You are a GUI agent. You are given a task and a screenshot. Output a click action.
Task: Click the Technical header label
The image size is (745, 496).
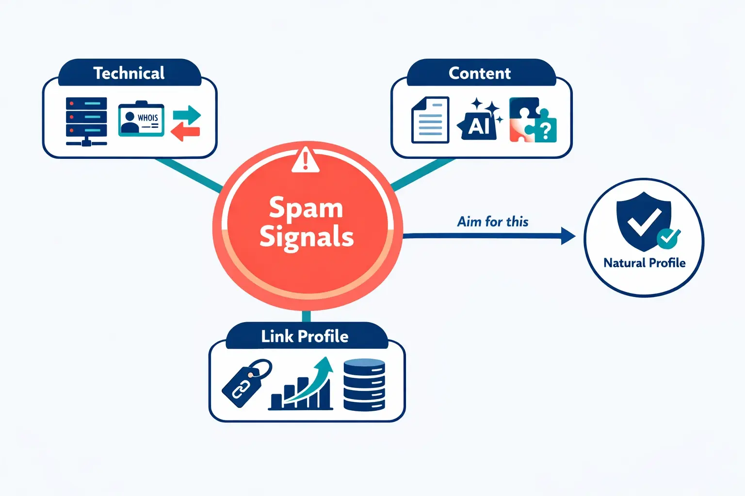pyautogui.click(x=129, y=73)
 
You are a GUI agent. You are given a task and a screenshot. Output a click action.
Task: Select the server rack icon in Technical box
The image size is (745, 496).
pyautogui.click(x=86, y=121)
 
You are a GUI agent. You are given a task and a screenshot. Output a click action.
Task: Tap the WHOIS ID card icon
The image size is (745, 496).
pyautogui.click(x=141, y=120)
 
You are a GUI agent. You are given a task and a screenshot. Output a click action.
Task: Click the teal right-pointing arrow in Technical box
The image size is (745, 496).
pyautogui.click(x=187, y=115)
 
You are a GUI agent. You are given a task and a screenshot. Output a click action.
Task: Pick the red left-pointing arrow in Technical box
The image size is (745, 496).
pyautogui.click(x=185, y=131)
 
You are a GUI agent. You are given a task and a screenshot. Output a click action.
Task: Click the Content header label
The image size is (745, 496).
pyautogui.click(x=479, y=73)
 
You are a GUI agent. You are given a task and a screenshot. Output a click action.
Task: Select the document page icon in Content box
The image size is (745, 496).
pyautogui.click(x=430, y=120)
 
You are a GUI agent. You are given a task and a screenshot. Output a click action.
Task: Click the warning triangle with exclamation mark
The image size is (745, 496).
pyautogui.click(x=306, y=160)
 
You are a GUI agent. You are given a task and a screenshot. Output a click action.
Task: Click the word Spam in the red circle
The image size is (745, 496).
pyautogui.click(x=306, y=208)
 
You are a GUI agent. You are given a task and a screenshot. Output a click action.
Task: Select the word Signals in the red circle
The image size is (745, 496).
pyautogui.click(x=307, y=237)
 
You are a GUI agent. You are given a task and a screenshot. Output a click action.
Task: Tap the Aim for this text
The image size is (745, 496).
pyautogui.click(x=493, y=222)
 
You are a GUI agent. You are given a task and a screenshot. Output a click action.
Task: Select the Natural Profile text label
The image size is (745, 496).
pyautogui.click(x=644, y=263)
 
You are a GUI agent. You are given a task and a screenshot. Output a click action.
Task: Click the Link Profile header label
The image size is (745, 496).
pyautogui.click(x=305, y=336)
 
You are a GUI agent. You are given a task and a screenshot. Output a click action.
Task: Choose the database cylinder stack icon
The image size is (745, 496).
pyautogui.click(x=364, y=385)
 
